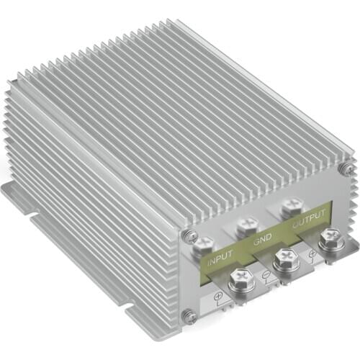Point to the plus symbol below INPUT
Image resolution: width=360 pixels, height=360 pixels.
click(217, 295)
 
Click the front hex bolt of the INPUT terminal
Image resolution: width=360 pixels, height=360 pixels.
click(240, 280)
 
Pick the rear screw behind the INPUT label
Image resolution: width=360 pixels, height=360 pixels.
click(203, 246)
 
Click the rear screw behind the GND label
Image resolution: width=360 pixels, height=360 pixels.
click(249, 225)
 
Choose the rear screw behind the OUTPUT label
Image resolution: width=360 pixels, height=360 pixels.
click(292, 206)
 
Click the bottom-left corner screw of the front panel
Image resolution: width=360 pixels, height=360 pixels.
click(189, 314)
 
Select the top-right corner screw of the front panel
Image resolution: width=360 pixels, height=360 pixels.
click(348, 169)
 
